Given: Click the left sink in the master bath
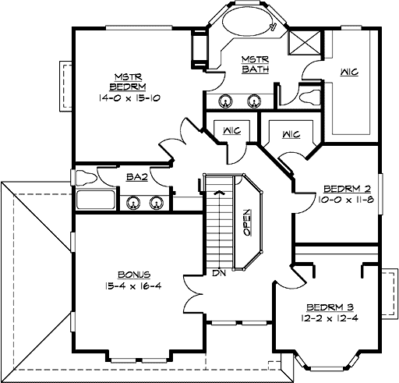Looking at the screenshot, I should click(x=226, y=101).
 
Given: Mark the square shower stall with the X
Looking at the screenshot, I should click(x=300, y=42).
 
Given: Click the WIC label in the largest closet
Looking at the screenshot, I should click(x=348, y=73).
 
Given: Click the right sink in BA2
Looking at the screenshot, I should click(x=158, y=203).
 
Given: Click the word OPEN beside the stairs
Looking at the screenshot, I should click(x=246, y=222).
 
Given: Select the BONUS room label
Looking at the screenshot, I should click(x=134, y=275).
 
